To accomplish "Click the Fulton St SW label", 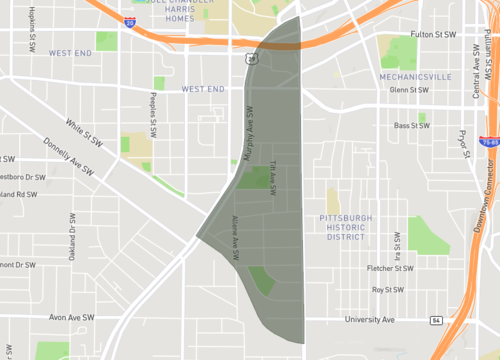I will pyautogui.click(x=434, y=34).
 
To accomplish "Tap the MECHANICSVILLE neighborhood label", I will pyautogui.click(x=416, y=76).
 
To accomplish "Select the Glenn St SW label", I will pyautogui.click(x=410, y=89).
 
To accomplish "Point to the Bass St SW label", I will pyautogui.click(x=412, y=126).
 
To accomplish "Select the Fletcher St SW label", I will pyautogui.click(x=392, y=268).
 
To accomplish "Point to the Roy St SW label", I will pyautogui.click(x=386, y=290).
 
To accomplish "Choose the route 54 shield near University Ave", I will pyautogui.click(x=437, y=320).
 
